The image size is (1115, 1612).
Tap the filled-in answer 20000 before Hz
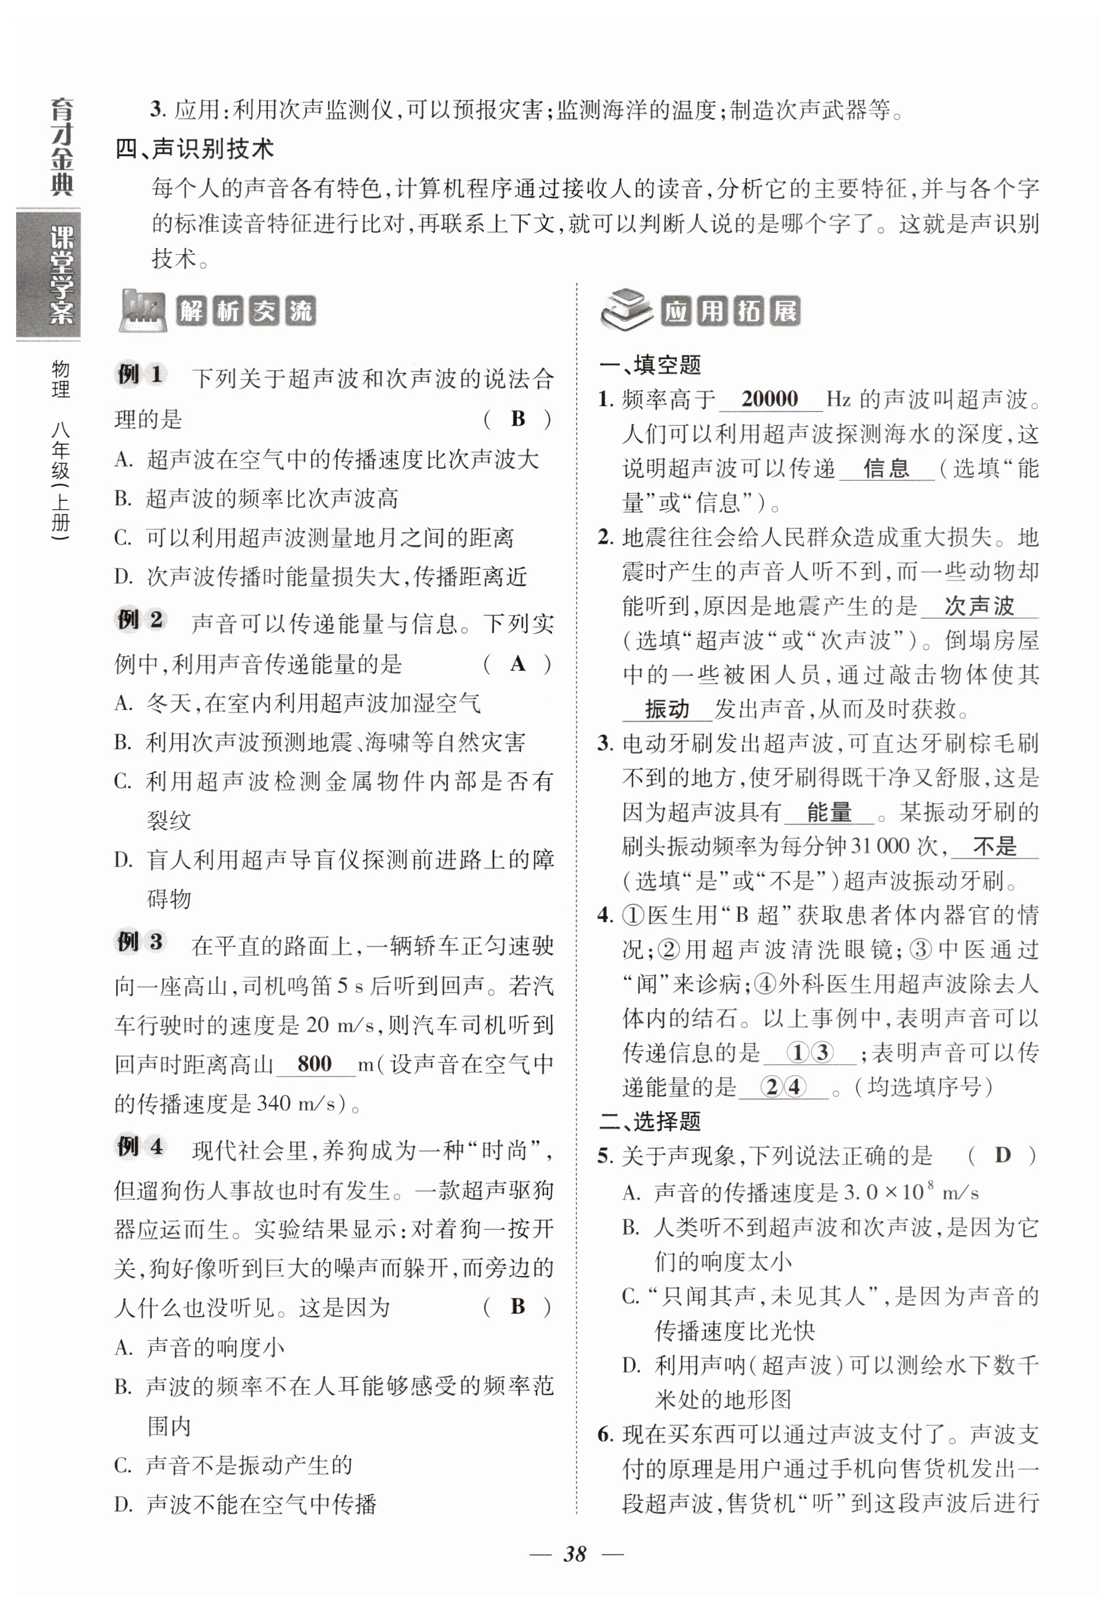(x=769, y=399)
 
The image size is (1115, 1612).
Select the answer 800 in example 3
(x=314, y=1063)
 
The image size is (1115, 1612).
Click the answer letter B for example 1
(x=518, y=419)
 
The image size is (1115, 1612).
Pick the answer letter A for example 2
(x=518, y=663)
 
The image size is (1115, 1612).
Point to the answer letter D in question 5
(x=1002, y=1155)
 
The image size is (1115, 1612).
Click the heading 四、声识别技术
(x=195, y=149)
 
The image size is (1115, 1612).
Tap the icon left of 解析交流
(x=143, y=310)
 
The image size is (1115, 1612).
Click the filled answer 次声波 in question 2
(x=979, y=606)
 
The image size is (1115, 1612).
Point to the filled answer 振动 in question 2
(x=666, y=710)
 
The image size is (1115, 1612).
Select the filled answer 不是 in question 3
(x=995, y=846)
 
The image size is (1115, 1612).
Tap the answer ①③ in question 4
(x=810, y=1052)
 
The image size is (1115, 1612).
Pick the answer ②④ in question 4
(x=784, y=1087)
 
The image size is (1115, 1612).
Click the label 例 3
(x=140, y=943)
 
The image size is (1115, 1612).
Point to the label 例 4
(x=140, y=1147)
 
